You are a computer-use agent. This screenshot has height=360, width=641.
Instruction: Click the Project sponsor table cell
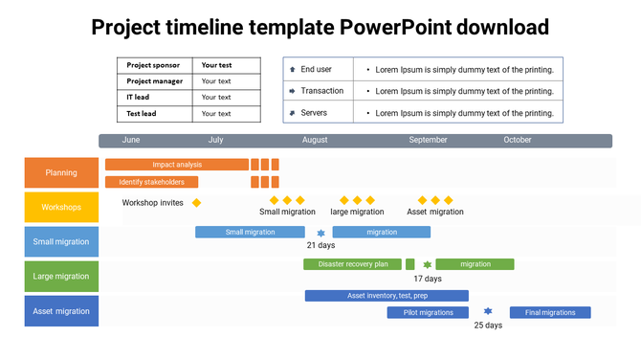tap(154, 65)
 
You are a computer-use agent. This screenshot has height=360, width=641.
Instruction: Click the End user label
tap(315, 70)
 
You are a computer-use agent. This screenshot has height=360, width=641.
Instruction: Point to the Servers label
tap(314, 113)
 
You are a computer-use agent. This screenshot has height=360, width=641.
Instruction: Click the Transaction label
tap(321, 91)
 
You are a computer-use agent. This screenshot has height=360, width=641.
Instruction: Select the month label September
tap(428, 140)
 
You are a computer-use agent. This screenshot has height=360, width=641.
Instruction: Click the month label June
tap(131, 140)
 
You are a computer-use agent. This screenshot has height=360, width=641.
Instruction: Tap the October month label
tap(518, 140)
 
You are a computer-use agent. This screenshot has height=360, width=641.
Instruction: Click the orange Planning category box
tap(61, 173)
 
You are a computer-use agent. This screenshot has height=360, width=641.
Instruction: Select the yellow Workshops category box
tap(61, 207)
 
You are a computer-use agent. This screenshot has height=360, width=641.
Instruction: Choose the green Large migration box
tap(61, 277)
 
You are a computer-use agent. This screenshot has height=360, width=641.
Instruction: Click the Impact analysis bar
tap(177, 165)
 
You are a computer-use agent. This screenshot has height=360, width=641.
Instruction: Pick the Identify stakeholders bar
tap(152, 182)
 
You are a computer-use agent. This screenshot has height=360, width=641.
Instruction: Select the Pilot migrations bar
tap(428, 312)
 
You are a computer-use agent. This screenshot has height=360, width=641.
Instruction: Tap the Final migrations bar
tap(550, 312)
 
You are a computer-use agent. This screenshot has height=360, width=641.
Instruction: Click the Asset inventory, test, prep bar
tap(387, 296)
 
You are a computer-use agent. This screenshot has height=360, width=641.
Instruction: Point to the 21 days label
tap(320, 245)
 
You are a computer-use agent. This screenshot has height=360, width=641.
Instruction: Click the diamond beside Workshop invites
tap(197, 203)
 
